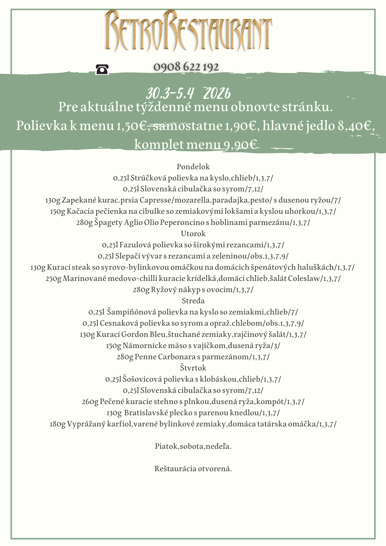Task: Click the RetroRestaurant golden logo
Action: coord(188,31)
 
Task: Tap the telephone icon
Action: coord(102,69)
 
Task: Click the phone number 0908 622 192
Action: coord(186,67)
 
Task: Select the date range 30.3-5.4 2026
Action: coord(188,94)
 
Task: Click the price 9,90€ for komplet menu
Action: coord(240,144)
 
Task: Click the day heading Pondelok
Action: coord(193,167)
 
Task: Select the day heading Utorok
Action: coord(193,234)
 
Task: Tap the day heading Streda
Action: coord(193,301)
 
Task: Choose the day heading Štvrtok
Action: coord(193,368)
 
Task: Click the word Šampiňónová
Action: coord(131,312)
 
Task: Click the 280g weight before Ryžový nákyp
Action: coord(141,290)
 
